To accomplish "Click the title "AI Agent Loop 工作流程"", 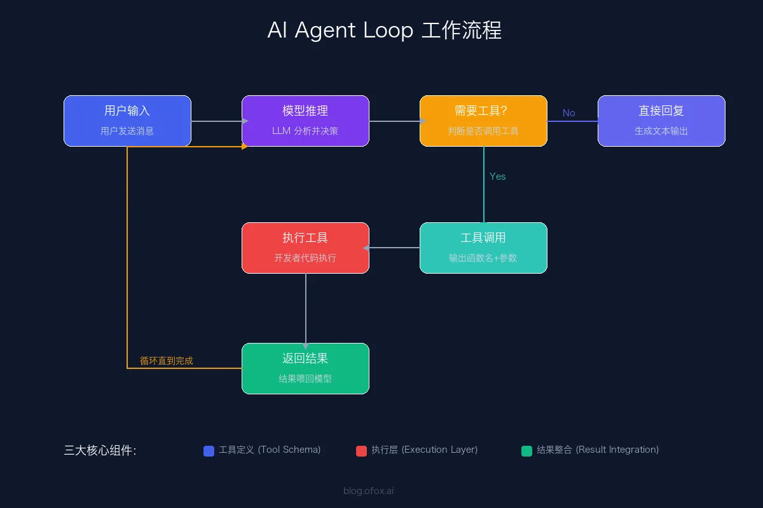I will (384, 30).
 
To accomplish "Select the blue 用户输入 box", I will (127, 121).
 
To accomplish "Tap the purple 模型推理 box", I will (305, 121).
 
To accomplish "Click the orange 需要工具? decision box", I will (483, 121).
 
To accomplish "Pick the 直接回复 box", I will (661, 121).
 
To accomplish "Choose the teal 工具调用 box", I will (483, 248).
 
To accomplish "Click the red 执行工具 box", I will (305, 248).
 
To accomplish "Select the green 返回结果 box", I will (305, 368).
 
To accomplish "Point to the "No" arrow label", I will (568, 113).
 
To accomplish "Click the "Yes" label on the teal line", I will (497, 177).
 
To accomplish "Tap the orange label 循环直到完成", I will (167, 361).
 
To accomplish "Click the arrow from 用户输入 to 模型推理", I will (216, 121).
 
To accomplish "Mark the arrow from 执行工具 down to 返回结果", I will (306, 308).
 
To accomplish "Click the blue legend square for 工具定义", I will (209, 451).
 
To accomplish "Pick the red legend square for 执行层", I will (361, 451).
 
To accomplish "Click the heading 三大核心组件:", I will (100, 450).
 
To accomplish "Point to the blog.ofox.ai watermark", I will (368, 490).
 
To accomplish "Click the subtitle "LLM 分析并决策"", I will (305, 131).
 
